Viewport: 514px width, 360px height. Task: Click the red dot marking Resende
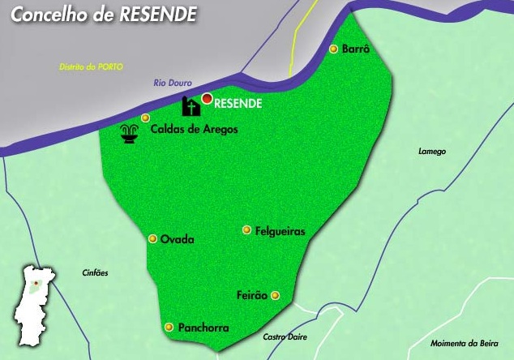[207, 99]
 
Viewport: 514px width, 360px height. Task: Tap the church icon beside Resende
[191, 106]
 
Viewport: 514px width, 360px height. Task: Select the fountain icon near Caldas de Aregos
[128, 135]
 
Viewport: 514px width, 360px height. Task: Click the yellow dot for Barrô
[333, 49]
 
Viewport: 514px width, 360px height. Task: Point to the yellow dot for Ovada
[152, 238]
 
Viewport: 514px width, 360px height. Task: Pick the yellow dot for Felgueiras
[246, 230]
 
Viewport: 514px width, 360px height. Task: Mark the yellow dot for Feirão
[275, 295]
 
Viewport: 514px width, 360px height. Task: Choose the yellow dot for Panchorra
[169, 328]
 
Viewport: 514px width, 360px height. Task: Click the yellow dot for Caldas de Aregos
[145, 118]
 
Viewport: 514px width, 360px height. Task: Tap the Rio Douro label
[173, 84]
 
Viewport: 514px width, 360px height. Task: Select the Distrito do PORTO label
[91, 66]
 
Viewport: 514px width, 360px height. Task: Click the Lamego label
[432, 151]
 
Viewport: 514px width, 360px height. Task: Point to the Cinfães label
[96, 272]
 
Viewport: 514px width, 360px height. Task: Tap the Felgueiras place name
[280, 231]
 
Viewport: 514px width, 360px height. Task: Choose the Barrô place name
[356, 49]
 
